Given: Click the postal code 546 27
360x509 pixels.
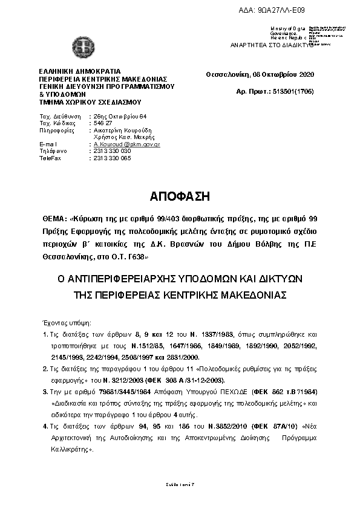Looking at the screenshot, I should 103,123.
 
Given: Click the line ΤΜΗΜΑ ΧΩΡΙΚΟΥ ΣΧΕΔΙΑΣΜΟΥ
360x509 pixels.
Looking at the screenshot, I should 82,102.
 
